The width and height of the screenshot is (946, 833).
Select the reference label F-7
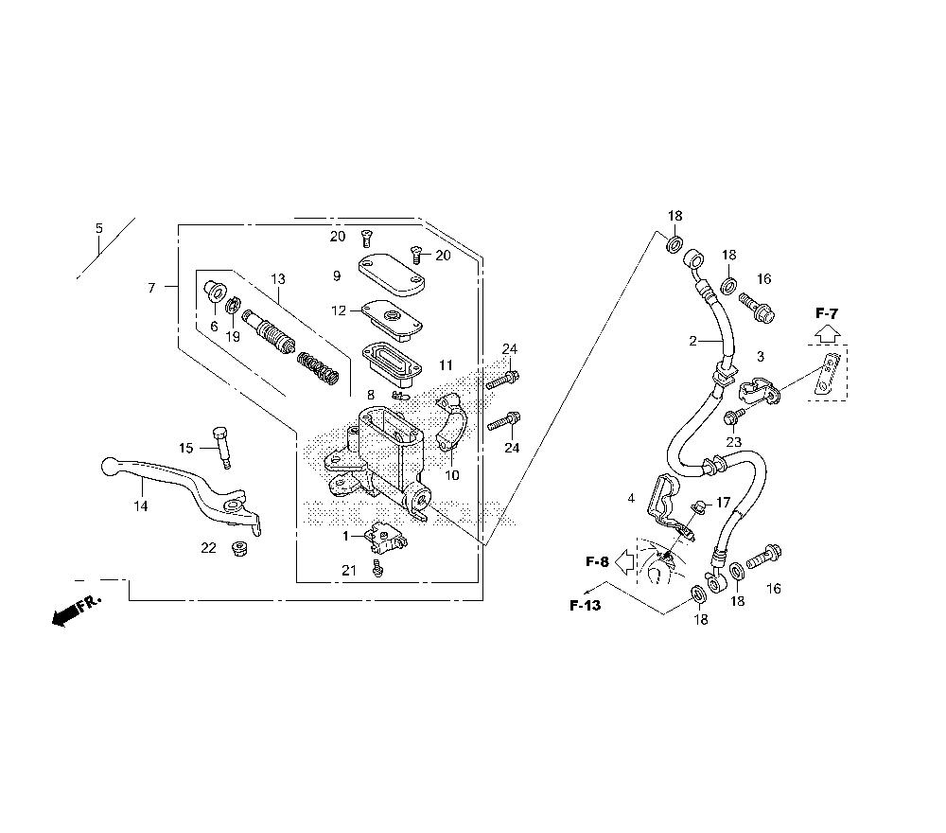point(827,313)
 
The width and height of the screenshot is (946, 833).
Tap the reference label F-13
point(586,605)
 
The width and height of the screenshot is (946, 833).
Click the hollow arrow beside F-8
point(624,561)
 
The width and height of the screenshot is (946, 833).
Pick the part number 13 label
point(278,279)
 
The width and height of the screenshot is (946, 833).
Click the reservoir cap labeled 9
point(391,275)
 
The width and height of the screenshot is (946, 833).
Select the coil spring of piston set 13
point(319,369)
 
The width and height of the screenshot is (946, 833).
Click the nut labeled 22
point(240,549)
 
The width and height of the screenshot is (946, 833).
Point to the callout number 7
point(152,288)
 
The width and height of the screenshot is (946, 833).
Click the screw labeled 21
point(378,568)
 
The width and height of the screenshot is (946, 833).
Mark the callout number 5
point(99,228)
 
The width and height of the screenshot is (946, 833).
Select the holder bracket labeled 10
point(449,421)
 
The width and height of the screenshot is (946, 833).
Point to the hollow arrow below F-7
point(828,334)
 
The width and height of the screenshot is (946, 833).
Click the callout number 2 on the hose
point(692,341)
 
